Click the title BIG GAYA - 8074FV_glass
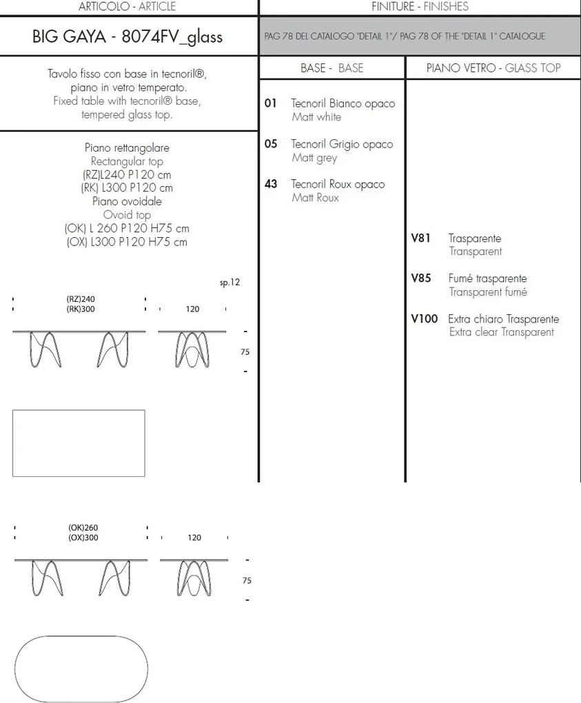(x=128, y=37)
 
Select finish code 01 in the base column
(x=270, y=103)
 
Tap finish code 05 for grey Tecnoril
(x=270, y=144)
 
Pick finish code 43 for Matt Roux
(x=270, y=184)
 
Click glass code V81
(x=420, y=238)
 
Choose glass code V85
(x=420, y=278)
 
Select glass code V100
(x=424, y=319)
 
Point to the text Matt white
(x=316, y=117)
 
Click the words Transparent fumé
(x=488, y=292)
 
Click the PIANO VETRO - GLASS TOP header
(x=493, y=68)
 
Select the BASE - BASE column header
(x=332, y=68)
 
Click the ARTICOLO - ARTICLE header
(x=128, y=7)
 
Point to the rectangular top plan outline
(x=79, y=442)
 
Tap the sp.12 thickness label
(x=230, y=283)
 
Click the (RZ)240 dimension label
(x=81, y=300)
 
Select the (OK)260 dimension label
(x=83, y=528)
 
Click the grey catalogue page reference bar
(x=420, y=37)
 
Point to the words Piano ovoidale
(x=127, y=201)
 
